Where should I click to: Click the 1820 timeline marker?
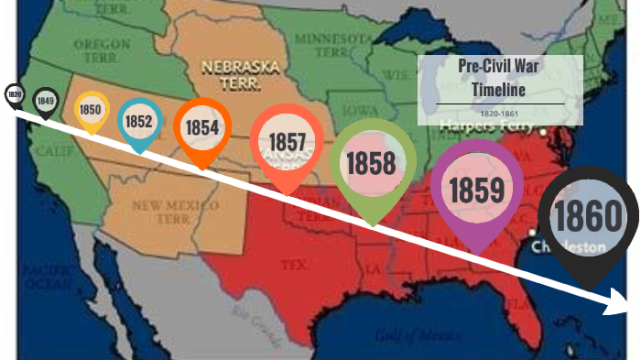[14, 93]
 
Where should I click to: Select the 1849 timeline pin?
[45, 99]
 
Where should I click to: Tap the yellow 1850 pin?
[91, 110]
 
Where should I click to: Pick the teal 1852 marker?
[139, 120]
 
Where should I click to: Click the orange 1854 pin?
[201, 127]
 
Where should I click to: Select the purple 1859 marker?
[476, 190]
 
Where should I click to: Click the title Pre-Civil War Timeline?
[500, 78]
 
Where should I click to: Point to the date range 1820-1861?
[500, 113]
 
